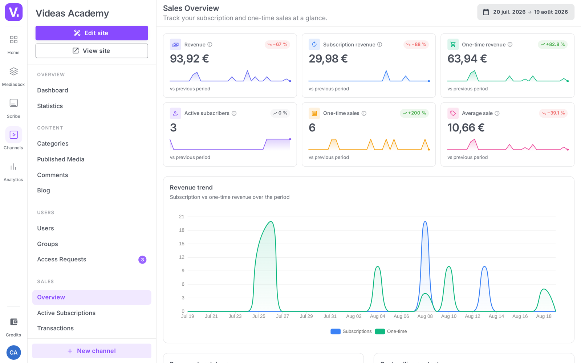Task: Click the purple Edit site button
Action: [x=92, y=33]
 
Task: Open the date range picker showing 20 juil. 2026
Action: [x=525, y=12]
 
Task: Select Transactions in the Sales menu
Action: [x=55, y=328]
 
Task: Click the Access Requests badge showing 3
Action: [x=142, y=260]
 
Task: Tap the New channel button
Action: [x=92, y=351]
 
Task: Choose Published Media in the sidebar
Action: [x=61, y=159]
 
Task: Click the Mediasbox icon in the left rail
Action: [x=13, y=71]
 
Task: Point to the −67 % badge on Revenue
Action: [x=277, y=44]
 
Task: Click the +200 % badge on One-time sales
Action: [x=414, y=113]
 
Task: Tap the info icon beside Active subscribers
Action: [x=234, y=113]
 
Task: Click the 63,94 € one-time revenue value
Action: [x=467, y=58]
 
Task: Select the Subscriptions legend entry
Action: [x=351, y=331]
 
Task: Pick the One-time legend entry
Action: [x=391, y=331]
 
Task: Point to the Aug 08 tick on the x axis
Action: [x=425, y=316]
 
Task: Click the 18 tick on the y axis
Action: [x=182, y=230]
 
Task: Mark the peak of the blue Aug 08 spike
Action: [x=425, y=221]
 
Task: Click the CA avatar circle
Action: [x=13, y=352]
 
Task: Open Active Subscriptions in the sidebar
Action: [x=66, y=313]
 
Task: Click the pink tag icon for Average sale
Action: [x=453, y=113]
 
